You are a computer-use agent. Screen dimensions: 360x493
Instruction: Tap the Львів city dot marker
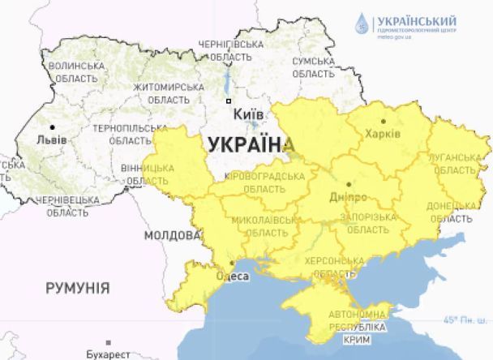[x=53, y=127]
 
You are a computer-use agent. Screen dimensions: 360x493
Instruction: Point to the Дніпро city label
[x=349, y=197]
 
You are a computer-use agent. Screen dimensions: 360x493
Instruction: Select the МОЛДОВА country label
[x=172, y=235]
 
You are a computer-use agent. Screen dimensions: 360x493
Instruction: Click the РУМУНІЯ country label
[x=77, y=288]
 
